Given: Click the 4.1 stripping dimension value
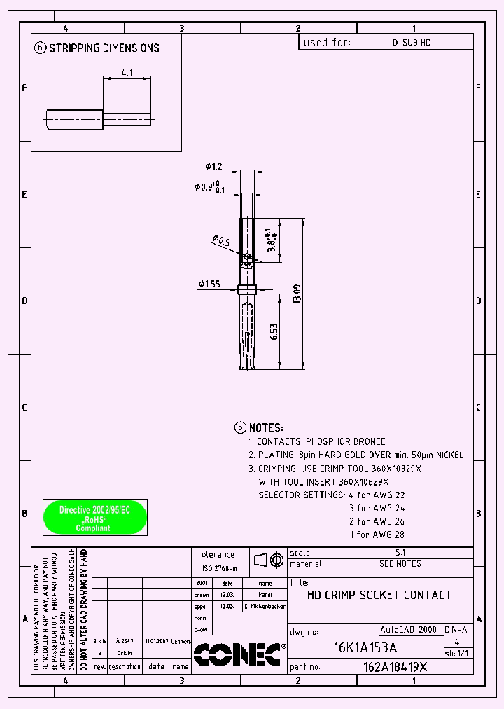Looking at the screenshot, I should coord(127,72).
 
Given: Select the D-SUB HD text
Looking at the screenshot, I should coord(412,43).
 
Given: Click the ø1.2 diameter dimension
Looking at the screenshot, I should coord(213,166).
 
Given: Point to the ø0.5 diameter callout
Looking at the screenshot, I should coord(220,242).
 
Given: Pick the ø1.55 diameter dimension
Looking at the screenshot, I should coord(209,284).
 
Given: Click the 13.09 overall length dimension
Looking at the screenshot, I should coord(297,294).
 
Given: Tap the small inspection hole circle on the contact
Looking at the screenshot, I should coord(247,256).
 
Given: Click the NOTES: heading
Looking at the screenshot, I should coord(266,427).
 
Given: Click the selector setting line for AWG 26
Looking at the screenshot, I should coord(377,521).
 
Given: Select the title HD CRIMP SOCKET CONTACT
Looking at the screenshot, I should coord(379,595).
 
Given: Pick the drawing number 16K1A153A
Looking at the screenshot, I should coord(365,647).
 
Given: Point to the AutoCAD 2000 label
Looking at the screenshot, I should coord(409,629).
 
